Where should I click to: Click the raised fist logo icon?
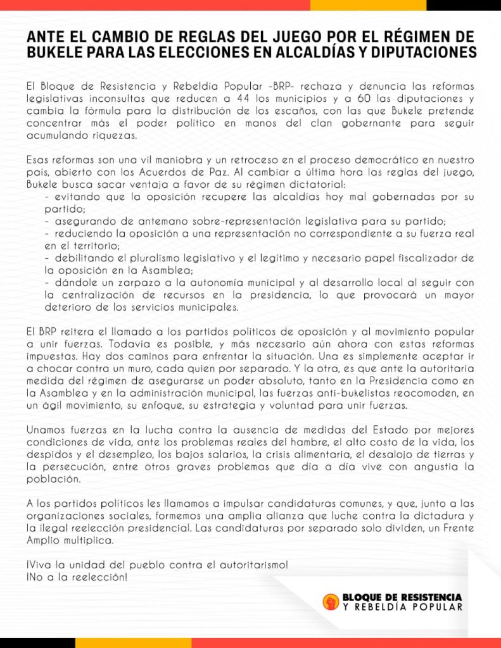(x=331, y=601)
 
